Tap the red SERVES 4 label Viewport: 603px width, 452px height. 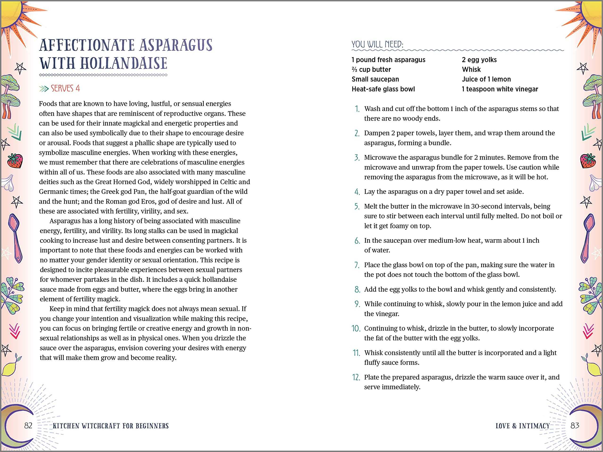(x=65, y=89)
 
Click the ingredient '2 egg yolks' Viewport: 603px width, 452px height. (x=479, y=60)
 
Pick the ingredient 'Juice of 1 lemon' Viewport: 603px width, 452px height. (x=486, y=79)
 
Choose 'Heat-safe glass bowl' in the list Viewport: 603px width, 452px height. (x=383, y=89)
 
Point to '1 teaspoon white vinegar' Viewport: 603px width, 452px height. (x=500, y=89)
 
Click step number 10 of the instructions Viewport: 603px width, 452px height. (x=356, y=329)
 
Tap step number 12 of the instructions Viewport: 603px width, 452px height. (x=356, y=377)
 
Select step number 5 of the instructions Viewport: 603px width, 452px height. (x=357, y=206)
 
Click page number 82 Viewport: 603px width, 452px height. (x=28, y=426)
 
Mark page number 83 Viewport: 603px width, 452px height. (x=575, y=426)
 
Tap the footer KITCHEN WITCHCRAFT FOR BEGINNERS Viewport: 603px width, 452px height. (x=111, y=426)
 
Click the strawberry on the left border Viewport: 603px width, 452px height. (x=15, y=161)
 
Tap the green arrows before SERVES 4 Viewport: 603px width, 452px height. (x=44, y=89)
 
